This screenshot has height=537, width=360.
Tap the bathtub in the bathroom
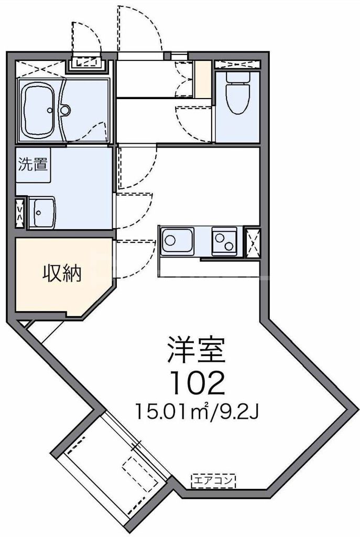tap(40, 110)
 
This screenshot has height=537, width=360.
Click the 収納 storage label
tap(61, 273)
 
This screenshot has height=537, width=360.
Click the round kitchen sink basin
tap(171, 241)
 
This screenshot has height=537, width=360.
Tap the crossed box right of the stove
tap(252, 241)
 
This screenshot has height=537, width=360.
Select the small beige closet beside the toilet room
tap(202, 79)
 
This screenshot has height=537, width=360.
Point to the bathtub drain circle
tap(50, 111)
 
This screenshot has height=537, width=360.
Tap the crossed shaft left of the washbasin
tap(20, 212)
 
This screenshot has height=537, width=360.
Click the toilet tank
tap(237, 77)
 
